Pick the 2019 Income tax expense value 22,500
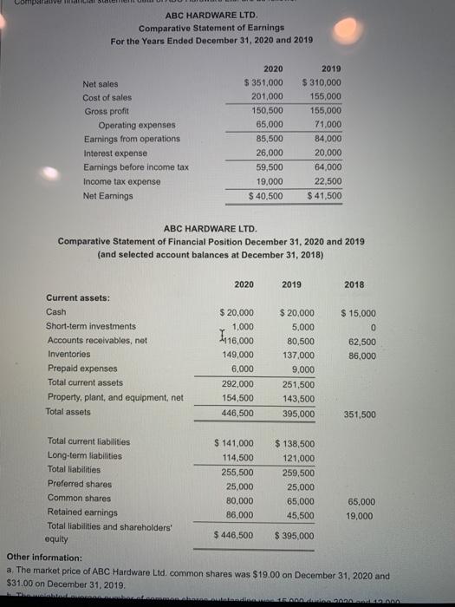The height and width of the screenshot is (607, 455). tap(328, 181)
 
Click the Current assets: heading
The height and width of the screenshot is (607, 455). tap(77, 297)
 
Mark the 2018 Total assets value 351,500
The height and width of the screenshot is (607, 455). tap(360, 414)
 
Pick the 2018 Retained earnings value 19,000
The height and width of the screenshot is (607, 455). tap(360, 516)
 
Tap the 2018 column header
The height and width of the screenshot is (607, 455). tap(354, 284)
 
